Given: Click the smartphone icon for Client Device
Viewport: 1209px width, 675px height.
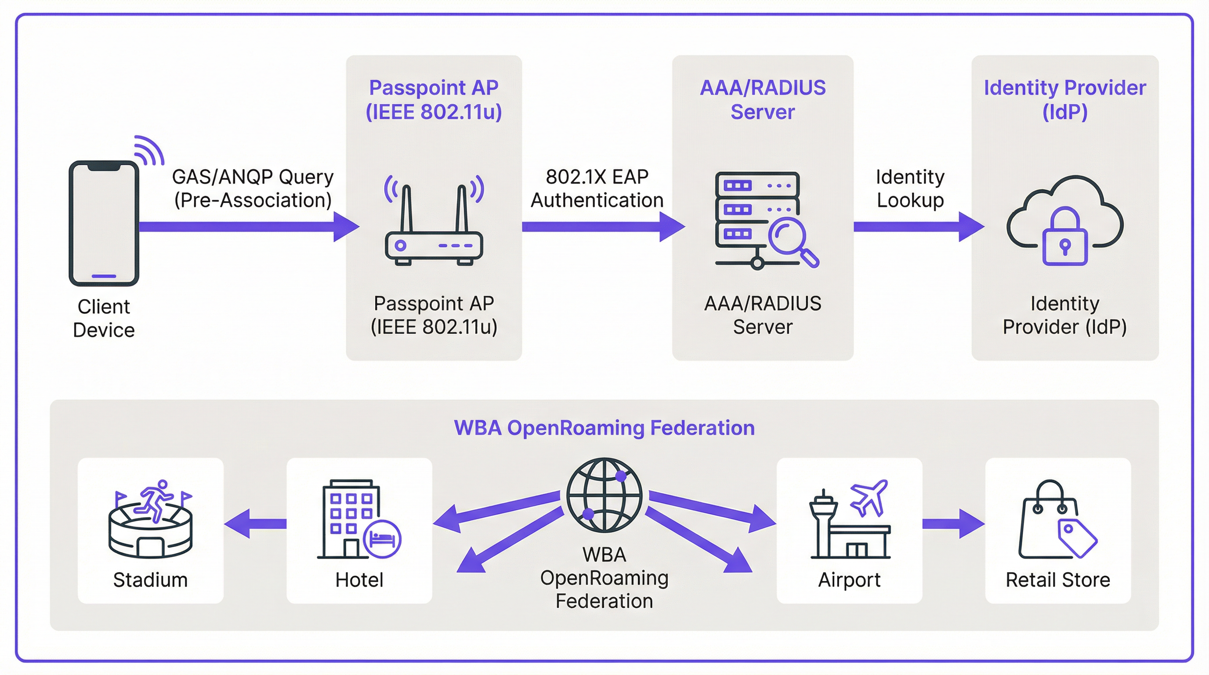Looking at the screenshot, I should [104, 223].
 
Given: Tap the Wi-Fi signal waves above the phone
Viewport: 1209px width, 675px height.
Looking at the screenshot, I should [149, 150].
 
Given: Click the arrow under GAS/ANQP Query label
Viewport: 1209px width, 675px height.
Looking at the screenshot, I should [249, 227].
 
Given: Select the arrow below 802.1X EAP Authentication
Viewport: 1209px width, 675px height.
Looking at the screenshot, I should [603, 227].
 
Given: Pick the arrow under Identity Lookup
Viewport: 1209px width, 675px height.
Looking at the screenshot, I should [918, 227].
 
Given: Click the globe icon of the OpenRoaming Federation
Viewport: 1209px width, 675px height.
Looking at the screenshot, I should [604, 495].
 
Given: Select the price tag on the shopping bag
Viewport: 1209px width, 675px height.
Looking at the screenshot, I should [1077, 537].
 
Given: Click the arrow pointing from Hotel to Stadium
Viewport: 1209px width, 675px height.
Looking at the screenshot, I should [255, 523].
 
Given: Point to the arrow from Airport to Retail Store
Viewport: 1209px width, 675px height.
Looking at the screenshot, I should [953, 523].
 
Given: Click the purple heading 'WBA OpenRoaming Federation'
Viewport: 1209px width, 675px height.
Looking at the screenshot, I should [604, 428].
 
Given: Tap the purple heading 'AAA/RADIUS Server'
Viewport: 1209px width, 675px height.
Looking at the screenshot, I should [763, 99].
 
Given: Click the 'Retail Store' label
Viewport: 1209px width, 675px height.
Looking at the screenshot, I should [1058, 580].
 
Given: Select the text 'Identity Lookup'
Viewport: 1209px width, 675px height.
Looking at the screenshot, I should [910, 189].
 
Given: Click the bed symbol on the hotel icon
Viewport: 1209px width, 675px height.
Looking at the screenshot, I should [382, 538].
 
